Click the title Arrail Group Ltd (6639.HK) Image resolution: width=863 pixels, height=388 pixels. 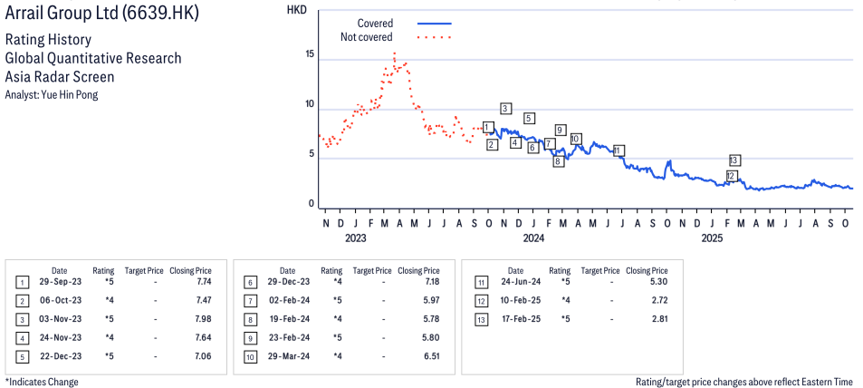101,15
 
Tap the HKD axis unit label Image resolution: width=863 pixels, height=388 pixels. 296,10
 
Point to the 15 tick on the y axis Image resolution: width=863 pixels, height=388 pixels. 310,55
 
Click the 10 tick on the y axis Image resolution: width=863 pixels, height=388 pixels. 310,104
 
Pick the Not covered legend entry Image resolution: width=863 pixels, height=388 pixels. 366,37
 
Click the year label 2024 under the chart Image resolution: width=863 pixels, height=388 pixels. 532,238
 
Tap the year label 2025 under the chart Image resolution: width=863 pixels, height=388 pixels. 712,238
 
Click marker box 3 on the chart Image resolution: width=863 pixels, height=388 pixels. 505,109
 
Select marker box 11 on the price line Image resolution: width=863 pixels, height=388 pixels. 618,150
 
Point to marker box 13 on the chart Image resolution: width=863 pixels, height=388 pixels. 735,160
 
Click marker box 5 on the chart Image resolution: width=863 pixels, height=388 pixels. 529,119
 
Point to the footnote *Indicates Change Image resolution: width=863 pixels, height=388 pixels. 42,382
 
